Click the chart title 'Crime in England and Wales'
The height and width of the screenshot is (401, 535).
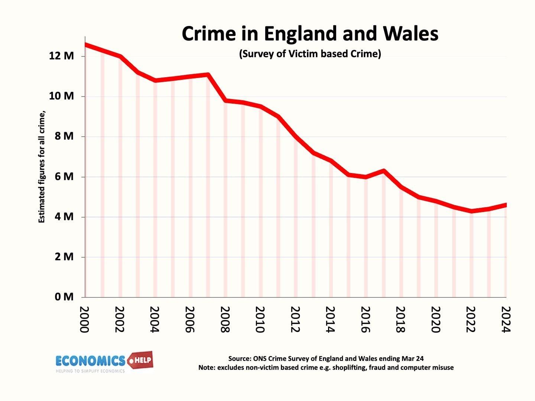click(x=310, y=33)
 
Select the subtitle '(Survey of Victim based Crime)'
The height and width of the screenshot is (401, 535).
click(x=310, y=54)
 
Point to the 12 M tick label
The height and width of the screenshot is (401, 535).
click(x=62, y=56)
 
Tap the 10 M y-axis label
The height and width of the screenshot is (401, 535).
click(x=62, y=96)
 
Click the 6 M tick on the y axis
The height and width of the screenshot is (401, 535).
click(x=64, y=177)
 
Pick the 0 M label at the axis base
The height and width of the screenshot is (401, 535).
click(x=64, y=297)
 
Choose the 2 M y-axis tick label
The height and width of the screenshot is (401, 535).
click(x=64, y=257)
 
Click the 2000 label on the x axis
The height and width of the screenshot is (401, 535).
click(x=85, y=319)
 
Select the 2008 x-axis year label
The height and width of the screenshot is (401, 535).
click(x=225, y=319)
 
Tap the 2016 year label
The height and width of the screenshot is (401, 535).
click(x=366, y=319)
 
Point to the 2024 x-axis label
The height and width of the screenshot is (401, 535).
click(x=506, y=319)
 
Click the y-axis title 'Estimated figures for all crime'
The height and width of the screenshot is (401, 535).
click(x=42, y=167)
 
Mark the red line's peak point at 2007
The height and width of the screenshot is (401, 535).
click(x=208, y=75)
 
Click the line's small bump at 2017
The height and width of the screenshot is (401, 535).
click(x=383, y=171)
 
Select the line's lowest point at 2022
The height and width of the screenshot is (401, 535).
click(x=471, y=211)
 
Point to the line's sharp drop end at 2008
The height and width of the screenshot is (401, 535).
click(x=225, y=100)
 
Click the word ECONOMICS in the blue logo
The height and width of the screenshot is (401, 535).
click(x=90, y=361)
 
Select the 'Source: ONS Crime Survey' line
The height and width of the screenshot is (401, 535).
click(x=326, y=359)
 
